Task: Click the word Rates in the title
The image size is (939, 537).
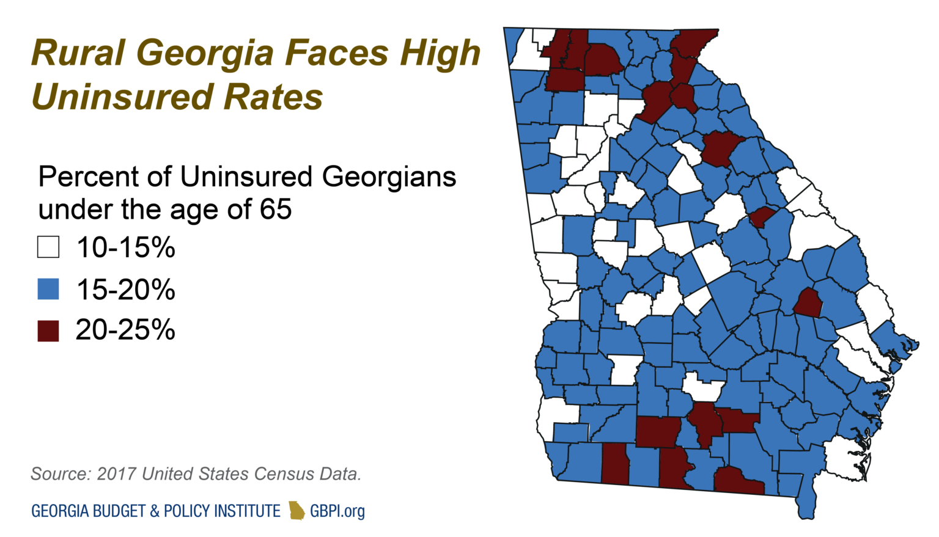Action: tap(273, 97)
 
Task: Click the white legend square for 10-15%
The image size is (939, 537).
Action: tap(48, 247)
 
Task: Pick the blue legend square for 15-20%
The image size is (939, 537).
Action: tap(48, 289)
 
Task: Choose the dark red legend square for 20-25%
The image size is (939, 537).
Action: tap(48, 331)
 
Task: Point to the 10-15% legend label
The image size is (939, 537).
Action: tap(125, 247)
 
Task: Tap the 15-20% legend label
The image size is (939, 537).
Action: tap(125, 289)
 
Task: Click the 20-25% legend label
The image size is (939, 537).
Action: tap(125, 330)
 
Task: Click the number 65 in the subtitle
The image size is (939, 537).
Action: tap(276, 210)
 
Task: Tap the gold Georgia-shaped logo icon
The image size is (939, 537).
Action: tap(296, 510)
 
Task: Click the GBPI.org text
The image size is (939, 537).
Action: tap(337, 511)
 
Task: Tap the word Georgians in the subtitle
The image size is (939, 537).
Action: tap(389, 177)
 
